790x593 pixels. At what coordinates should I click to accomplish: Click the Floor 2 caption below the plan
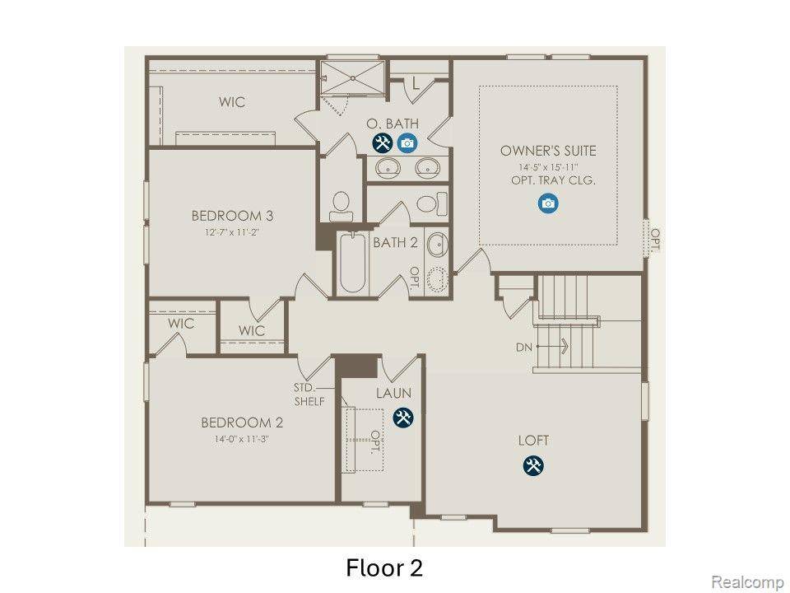point(384,567)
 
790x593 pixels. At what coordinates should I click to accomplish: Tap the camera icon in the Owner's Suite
point(548,203)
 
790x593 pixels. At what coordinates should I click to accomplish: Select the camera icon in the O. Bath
point(407,143)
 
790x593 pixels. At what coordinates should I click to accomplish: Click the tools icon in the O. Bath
point(383,143)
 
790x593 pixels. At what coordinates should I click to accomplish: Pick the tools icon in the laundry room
point(403,417)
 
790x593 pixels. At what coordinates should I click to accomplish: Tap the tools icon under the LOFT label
point(533,465)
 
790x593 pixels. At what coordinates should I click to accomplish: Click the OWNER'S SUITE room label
point(548,151)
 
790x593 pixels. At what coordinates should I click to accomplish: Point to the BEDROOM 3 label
point(232,216)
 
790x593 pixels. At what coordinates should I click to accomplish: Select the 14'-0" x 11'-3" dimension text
point(241,439)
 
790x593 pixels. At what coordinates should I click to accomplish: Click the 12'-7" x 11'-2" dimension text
point(232,232)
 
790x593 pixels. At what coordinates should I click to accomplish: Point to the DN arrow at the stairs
point(552,347)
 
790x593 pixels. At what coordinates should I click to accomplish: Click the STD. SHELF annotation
point(309,395)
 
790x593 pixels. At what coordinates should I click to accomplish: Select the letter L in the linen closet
point(415,83)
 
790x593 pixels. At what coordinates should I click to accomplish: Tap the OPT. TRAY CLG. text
point(553,180)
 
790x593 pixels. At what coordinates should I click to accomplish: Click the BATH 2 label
point(395,242)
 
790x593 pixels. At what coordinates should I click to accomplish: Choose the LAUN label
point(393,393)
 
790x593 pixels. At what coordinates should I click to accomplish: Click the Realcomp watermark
point(746,581)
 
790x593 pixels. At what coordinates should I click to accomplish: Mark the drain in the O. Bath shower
point(353,77)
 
